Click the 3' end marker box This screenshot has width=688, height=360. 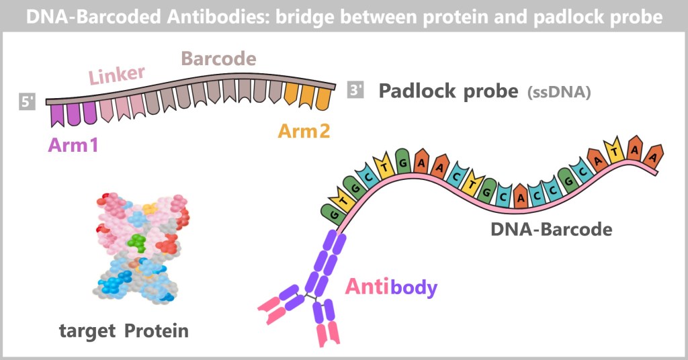(355, 91)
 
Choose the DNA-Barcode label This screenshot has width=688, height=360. (551, 229)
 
